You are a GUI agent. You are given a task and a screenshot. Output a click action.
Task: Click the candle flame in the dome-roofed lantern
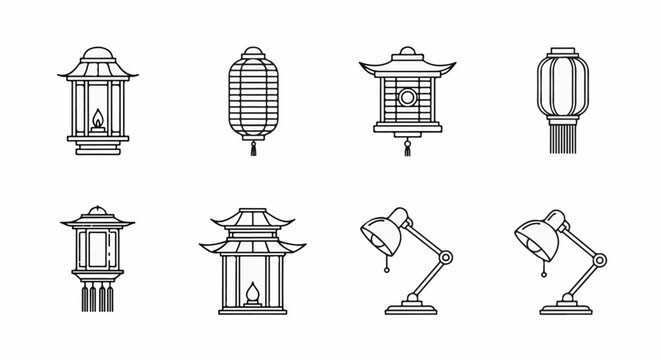[97, 122]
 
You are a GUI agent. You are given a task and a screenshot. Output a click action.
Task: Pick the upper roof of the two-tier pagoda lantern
[251, 219]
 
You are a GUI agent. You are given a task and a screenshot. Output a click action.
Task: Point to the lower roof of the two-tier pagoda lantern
[251, 244]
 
